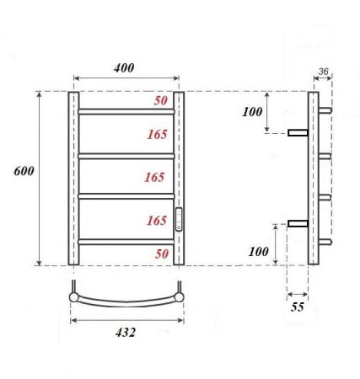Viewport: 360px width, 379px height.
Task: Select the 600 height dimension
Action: [24, 171]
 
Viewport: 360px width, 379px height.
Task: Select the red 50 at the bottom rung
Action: [161, 253]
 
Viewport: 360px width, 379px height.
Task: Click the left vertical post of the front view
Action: [73, 177]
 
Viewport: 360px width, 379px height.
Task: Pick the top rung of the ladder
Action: [126, 111]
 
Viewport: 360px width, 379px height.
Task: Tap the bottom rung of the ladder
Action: [126, 242]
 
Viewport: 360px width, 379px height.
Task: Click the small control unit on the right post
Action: [179, 221]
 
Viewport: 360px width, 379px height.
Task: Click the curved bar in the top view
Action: [126, 302]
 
